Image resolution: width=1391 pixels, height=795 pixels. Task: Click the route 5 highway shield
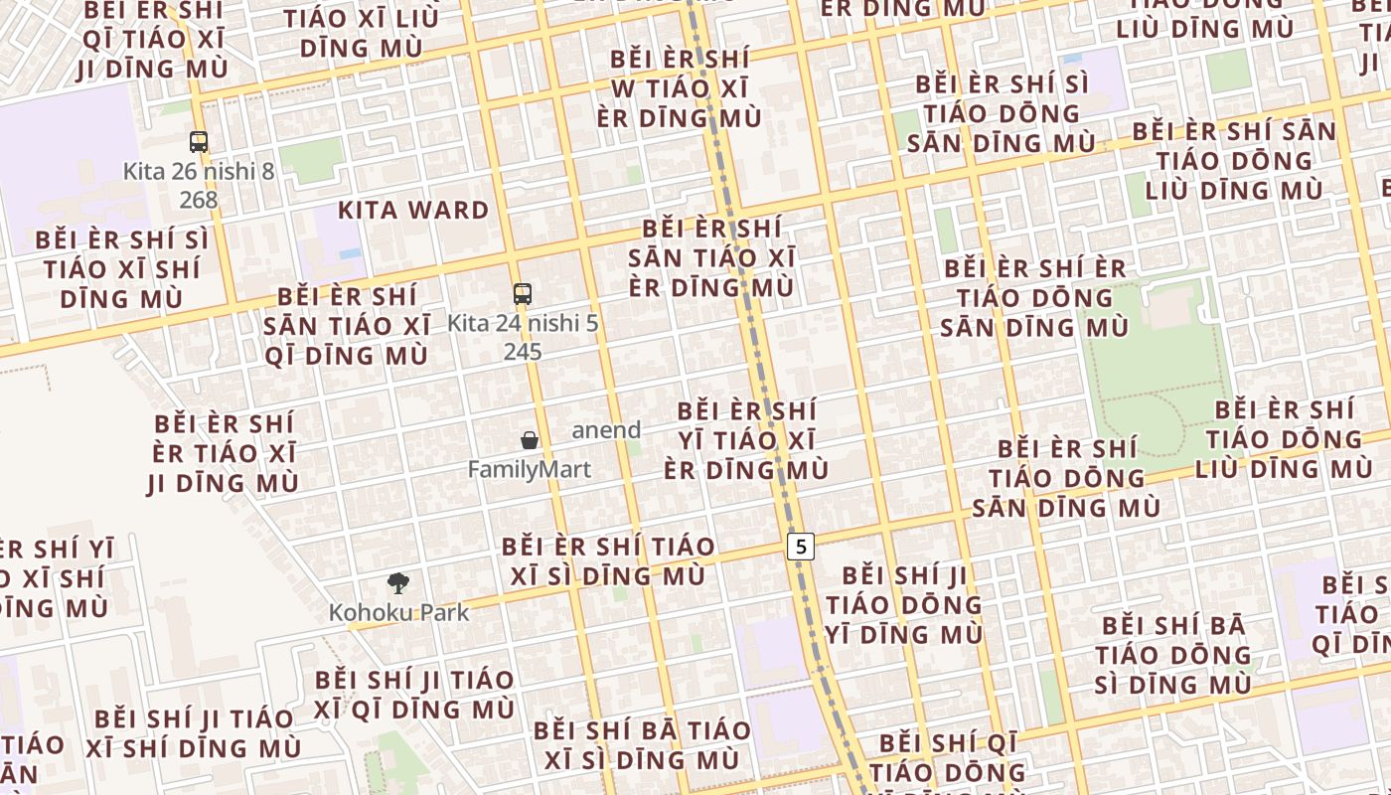click(x=801, y=546)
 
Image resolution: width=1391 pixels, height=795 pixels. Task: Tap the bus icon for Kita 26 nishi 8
click(x=199, y=142)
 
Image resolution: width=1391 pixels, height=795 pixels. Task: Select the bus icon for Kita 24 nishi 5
click(x=523, y=294)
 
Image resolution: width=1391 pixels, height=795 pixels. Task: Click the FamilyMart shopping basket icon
click(x=530, y=440)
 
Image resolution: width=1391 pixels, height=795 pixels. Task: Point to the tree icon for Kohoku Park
click(x=398, y=583)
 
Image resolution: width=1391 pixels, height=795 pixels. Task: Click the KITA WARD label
click(x=413, y=211)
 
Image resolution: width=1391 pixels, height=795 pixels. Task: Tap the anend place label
click(x=606, y=430)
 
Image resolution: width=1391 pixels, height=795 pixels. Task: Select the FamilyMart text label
click(x=530, y=469)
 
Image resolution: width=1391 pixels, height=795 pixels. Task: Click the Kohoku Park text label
click(x=398, y=612)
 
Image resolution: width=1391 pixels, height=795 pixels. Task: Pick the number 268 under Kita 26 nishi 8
click(x=199, y=200)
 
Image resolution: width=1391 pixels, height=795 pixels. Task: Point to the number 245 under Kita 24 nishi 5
click(x=523, y=352)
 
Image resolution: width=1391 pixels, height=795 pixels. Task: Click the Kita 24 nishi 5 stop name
click(x=523, y=323)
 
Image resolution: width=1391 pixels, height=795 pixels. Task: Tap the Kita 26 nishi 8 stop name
click(x=199, y=171)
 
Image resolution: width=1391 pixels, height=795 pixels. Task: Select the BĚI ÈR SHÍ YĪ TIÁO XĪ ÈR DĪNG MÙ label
click(x=746, y=440)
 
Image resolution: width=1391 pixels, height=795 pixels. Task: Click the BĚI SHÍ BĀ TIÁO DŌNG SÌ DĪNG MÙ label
click(x=1173, y=655)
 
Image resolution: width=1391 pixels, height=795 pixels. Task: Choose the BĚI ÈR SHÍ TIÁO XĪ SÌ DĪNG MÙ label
click(x=608, y=560)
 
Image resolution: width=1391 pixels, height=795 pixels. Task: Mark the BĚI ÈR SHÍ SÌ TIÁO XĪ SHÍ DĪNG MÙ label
click(x=122, y=269)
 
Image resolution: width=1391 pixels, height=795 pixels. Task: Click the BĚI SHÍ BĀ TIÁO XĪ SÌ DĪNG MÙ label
click(x=642, y=744)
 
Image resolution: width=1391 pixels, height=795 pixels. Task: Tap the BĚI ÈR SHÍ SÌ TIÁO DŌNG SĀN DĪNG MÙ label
click(x=1002, y=113)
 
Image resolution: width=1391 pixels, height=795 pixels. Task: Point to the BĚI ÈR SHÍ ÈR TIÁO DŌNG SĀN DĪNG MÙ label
click(x=1035, y=297)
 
